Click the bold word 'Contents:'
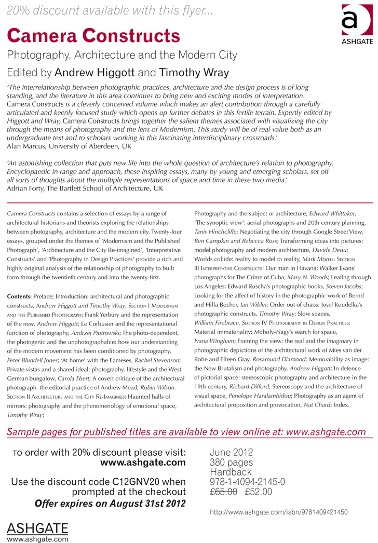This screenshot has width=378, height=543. point(19,296)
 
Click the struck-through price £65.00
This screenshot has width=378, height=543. point(224,491)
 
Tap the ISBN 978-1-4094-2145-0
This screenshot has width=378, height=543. point(247,482)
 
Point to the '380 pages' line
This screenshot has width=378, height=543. point(232,463)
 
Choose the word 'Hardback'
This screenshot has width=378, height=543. point(231,472)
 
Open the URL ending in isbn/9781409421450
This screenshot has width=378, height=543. point(279,512)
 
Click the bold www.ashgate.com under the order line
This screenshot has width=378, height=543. point(142,463)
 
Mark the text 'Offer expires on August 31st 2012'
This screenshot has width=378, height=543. point(110,503)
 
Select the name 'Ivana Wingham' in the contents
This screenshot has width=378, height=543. point(214,341)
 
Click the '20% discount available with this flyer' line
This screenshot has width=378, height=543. point(109,11)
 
